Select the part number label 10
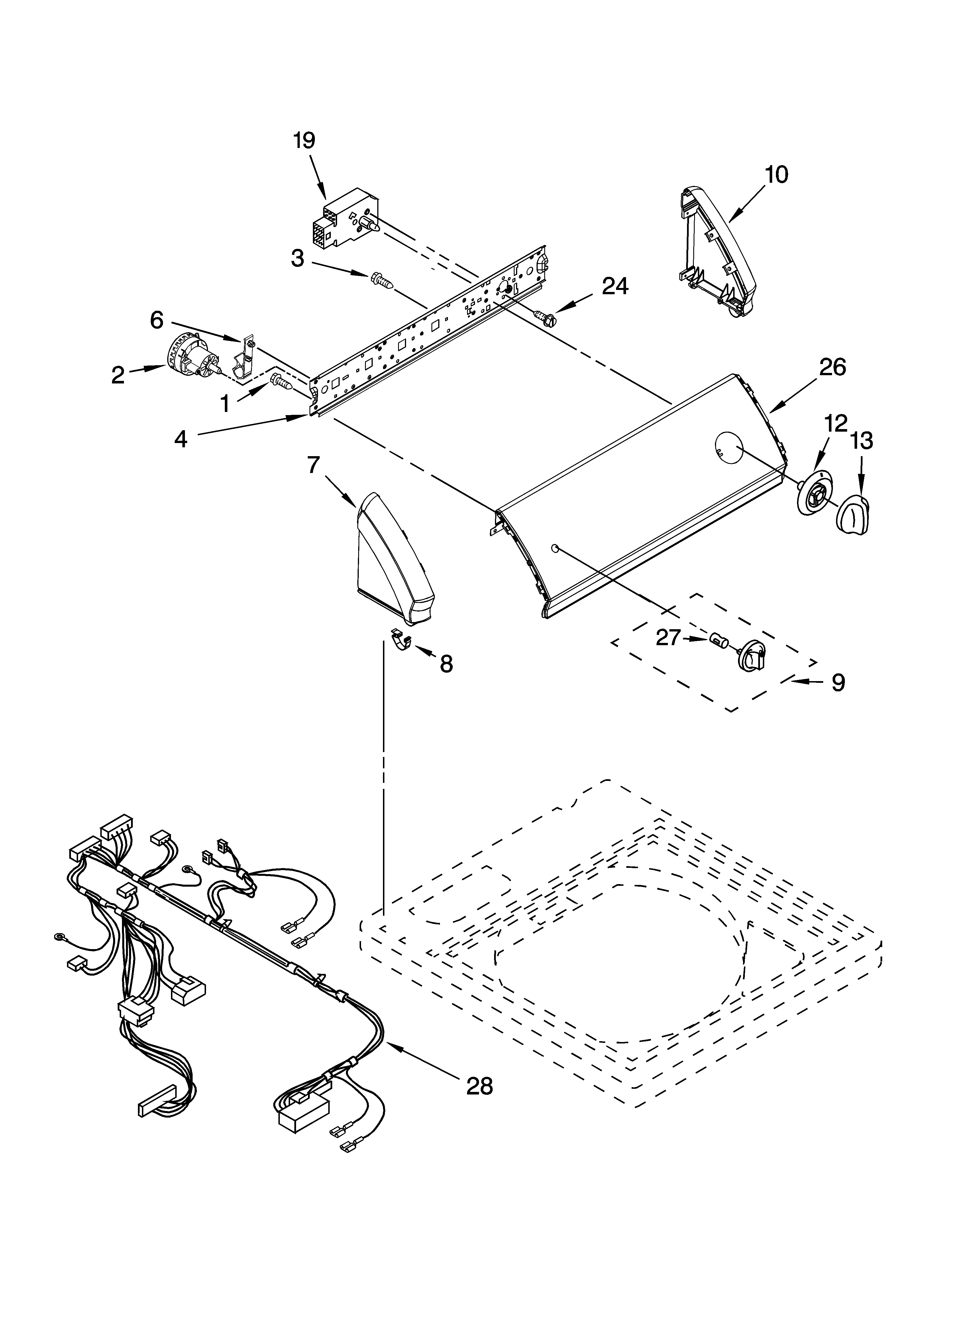point(777,174)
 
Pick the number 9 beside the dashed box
point(838,683)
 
